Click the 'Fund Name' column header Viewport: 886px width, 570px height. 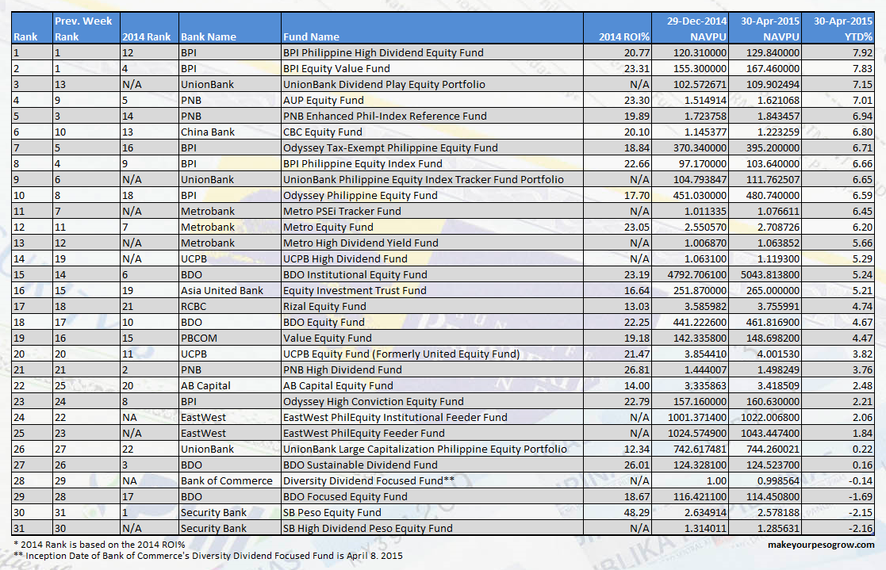[x=311, y=36]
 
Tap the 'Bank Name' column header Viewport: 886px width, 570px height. [x=209, y=36]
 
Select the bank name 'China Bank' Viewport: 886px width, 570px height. [x=208, y=132]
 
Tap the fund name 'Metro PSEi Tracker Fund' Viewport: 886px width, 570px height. [x=342, y=212]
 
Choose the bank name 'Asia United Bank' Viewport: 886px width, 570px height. [x=222, y=291]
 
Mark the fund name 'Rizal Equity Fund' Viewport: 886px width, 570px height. [x=324, y=307]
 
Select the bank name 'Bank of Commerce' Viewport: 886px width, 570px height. [x=226, y=480]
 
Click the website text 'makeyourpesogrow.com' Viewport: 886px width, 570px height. [x=821, y=545]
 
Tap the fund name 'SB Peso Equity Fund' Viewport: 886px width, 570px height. [x=332, y=512]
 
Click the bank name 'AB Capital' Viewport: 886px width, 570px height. [x=205, y=386]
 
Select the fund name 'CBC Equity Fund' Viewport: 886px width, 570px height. [x=322, y=132]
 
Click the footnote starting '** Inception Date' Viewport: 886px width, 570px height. [x=207, y=556]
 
